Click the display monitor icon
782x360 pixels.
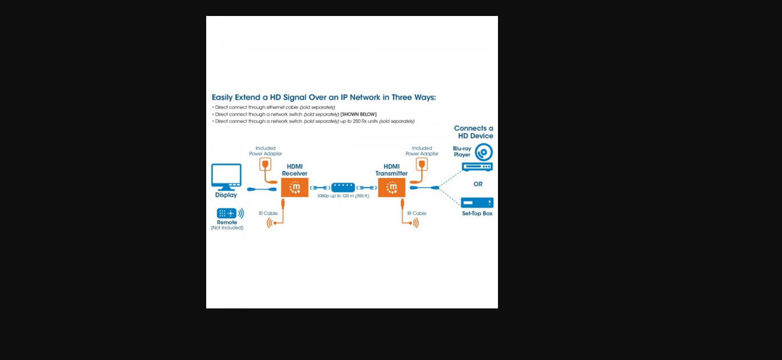point(226,176)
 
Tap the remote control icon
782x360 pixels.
point(226,213)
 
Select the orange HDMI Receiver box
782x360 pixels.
point(294,187)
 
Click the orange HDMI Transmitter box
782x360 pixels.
point(392,187)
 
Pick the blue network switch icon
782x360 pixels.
point(343,187)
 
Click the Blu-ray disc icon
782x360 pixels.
point(484,152)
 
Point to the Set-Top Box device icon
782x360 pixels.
point(477,203)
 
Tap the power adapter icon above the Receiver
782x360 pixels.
point(265,165)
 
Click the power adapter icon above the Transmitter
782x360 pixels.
point(422,165)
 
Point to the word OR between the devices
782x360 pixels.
point(478,184)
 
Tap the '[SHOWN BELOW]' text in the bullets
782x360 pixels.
point(358,114)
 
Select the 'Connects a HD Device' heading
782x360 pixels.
point(473,132)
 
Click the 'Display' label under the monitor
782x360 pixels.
point(226,195)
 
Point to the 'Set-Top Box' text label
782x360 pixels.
point(477,214)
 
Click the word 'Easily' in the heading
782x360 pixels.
point(222,97)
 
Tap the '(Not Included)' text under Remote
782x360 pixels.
point(227,228)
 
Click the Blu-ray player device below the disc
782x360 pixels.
point(477,167)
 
